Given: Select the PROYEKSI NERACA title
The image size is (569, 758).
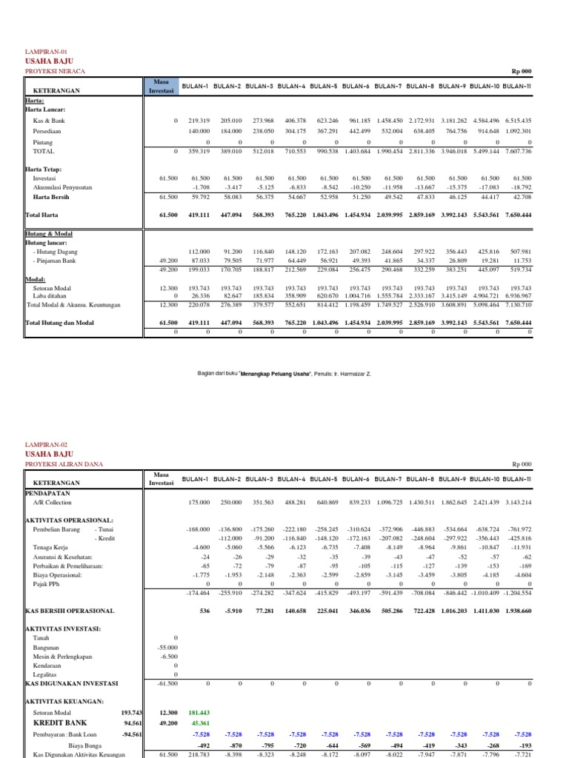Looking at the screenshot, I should point(56,71).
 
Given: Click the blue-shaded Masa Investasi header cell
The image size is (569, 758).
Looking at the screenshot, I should point(161,86).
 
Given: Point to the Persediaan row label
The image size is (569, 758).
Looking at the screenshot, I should point(50,130).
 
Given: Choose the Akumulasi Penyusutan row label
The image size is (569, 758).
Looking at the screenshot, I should point(62,188).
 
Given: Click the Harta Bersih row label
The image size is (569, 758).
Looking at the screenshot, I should point(51,198).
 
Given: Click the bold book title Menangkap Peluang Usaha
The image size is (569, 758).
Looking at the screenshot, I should point(311,374).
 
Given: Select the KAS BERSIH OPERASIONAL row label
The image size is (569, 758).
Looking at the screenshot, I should point(70,611).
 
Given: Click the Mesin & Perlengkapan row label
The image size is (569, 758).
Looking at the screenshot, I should point(62,656).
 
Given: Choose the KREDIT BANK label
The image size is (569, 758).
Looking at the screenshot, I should point(60,722).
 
